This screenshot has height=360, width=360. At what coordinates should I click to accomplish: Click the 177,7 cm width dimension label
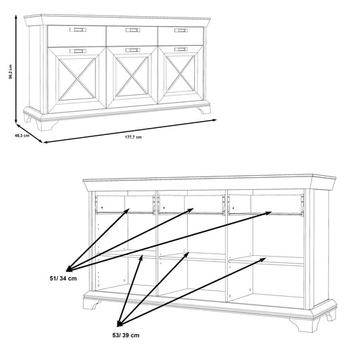(x=133, y=137)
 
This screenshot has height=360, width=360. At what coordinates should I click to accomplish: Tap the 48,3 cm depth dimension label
(x=22, y=136)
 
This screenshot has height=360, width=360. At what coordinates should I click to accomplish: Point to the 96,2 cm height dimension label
(x=11, y=72)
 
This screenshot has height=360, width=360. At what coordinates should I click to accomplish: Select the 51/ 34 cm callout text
(x=63, y=278)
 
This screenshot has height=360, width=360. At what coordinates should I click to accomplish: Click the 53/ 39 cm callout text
(x=126, y=335)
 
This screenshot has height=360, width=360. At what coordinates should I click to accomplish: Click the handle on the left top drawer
(x=78, y=30)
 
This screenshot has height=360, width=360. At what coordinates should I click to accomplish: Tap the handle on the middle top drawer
(x=133, y=30)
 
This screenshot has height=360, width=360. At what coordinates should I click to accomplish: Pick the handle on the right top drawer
(x=181, y=30)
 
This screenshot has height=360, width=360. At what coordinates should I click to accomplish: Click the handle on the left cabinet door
(x=78, y=51)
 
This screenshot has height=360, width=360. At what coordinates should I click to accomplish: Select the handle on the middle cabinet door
(x=133, y=51)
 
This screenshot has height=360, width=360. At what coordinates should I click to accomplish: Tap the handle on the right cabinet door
(x=181, y=49)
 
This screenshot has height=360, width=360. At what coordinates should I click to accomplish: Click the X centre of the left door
(x=77, y=79)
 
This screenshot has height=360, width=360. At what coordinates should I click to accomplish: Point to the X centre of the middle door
(x=132, y=76)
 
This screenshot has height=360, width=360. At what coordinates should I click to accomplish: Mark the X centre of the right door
(x=180, y=74)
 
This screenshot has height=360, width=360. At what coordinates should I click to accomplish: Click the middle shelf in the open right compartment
(x=266, y=261)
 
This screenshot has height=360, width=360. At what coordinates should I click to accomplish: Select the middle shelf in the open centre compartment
(x=192, y=257)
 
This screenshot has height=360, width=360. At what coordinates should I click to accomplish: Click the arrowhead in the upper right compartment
(x=268, y=213)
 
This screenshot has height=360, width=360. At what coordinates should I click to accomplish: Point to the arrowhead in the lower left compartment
(x=141, y=259)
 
